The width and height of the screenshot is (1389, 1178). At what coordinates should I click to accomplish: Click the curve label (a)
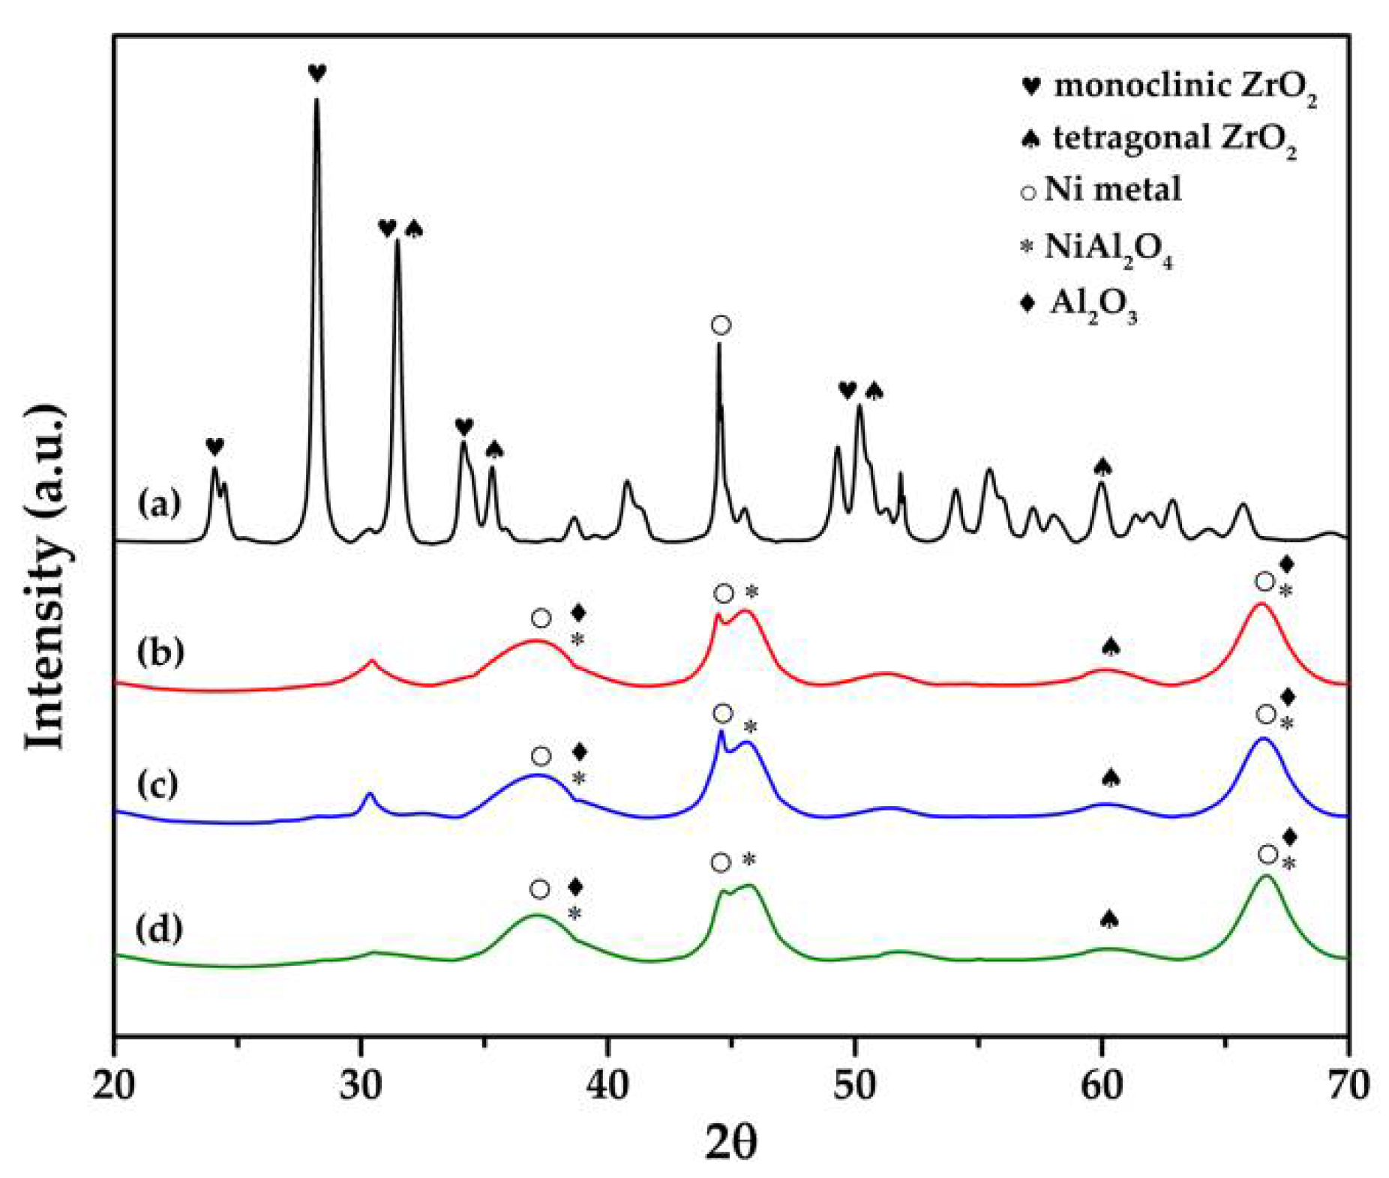point(159,504)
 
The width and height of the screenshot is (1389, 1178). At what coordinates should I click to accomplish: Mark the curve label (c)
point(157,784)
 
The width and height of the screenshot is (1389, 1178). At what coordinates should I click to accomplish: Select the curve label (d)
point(159,928)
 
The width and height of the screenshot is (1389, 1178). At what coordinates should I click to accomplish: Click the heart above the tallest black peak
point(317,73)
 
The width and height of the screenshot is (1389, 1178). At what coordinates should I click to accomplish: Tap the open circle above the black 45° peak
point(721,325)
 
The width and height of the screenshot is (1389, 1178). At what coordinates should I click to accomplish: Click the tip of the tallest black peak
point(316,100)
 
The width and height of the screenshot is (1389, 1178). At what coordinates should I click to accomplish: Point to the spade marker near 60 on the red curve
point(1111,646)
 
